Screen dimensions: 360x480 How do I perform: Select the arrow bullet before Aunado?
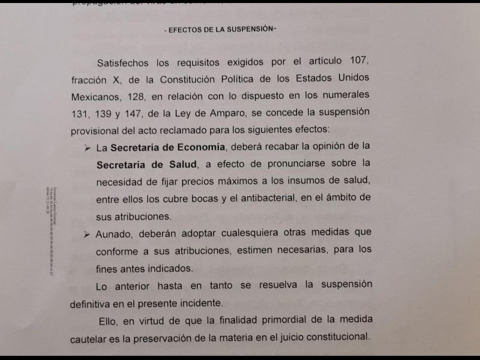coord(88,232)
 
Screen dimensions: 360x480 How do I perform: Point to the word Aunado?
coord(115,232)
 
